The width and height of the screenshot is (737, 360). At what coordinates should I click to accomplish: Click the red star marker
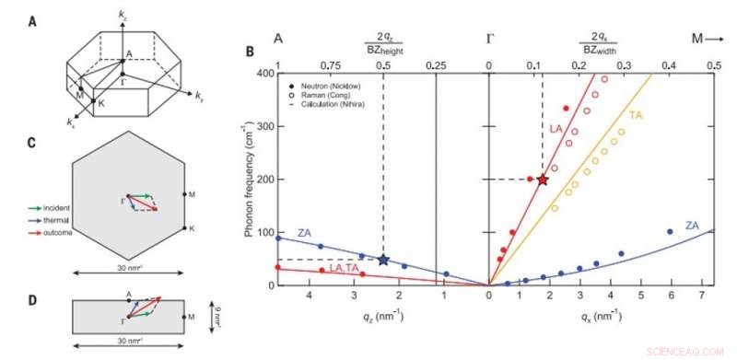543,180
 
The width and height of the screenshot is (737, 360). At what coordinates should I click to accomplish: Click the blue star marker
383,261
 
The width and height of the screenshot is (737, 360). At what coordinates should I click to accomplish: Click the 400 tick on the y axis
262,73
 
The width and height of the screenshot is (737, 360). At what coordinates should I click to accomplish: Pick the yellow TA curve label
635,115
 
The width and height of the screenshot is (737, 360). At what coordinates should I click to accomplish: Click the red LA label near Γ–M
556,131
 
